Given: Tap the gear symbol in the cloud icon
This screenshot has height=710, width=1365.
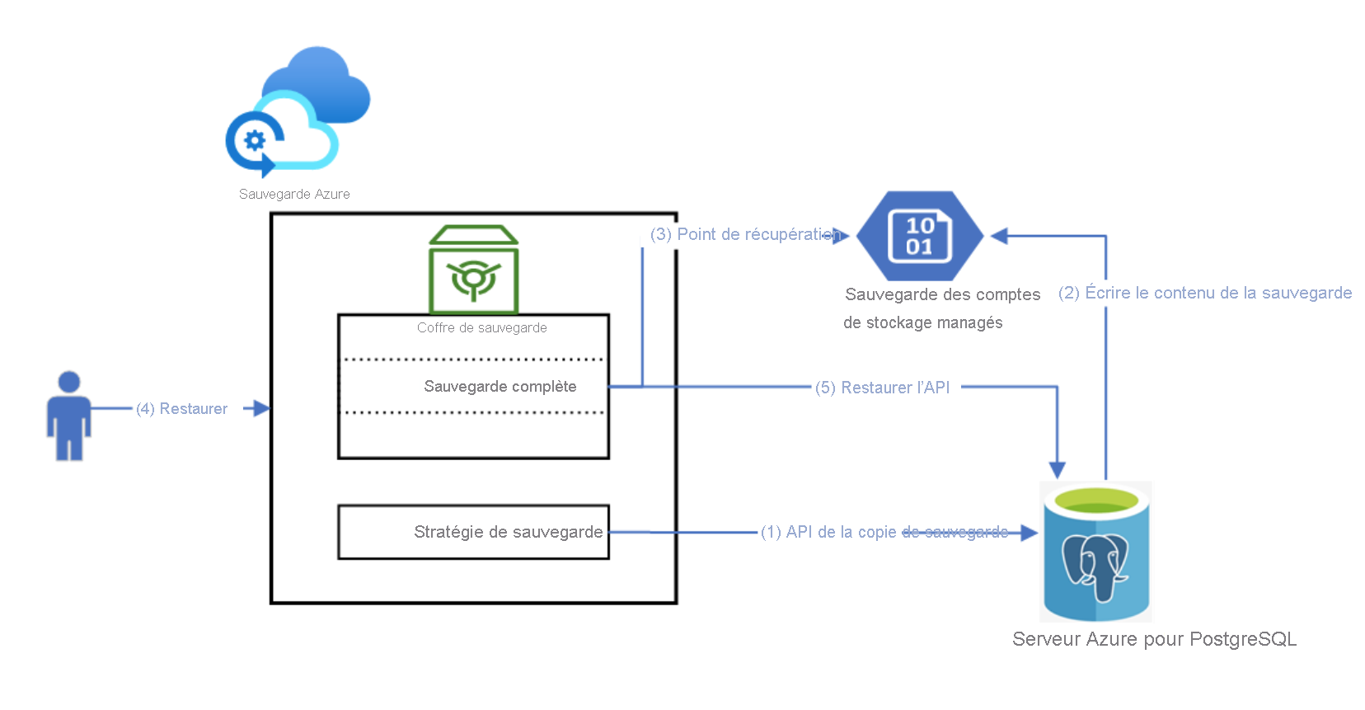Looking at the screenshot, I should tap(254, 141).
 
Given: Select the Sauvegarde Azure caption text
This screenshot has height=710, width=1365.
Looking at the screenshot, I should tap(294, 194).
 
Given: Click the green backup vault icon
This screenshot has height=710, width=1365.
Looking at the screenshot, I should tap(473, 270).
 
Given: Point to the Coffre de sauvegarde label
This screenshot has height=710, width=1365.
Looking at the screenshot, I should tap(481, 327).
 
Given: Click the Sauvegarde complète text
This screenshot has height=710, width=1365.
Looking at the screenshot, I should tap(500, 386).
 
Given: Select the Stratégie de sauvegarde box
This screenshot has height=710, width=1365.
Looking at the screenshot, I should tap(473, 532).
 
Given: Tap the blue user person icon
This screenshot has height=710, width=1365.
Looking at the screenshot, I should tap(69, 416).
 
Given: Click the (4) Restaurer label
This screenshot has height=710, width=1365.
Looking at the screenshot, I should tap(181, 408).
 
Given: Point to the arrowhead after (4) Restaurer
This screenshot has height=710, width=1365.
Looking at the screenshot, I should tap(261, 408).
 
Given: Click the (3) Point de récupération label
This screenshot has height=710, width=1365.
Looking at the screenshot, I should tap(743, 234).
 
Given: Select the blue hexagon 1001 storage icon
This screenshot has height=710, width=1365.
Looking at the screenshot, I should tap(920, 236).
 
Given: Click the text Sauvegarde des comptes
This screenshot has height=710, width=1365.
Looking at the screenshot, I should tap(942, 294).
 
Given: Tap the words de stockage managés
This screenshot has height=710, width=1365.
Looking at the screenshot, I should tap(922, 322).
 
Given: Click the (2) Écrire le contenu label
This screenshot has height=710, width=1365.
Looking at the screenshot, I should tap(1204, 293).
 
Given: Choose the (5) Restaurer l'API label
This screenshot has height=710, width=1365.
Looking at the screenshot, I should tap(882, 388).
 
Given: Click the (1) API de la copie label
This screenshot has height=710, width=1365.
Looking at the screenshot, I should tap(884, 532).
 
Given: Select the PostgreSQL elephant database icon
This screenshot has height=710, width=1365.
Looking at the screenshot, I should tap(1095, 552).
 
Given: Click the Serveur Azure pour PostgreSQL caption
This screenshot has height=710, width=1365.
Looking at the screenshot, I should tap(1154, 639).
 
